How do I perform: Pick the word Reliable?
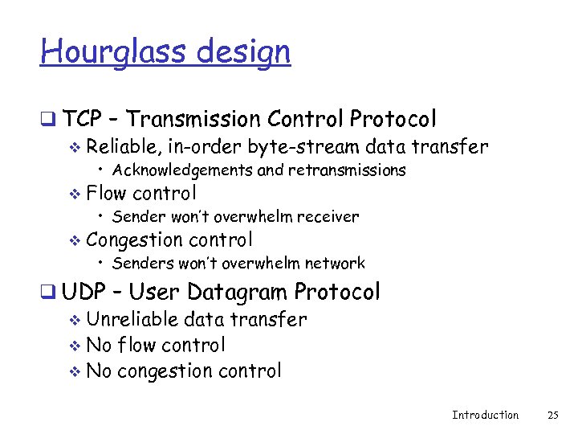click(120, 146)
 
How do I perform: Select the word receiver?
click(328, 216)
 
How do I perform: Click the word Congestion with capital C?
click(134, 240)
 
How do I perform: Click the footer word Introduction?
click(485, 415)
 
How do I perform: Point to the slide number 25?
click(552, 415)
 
